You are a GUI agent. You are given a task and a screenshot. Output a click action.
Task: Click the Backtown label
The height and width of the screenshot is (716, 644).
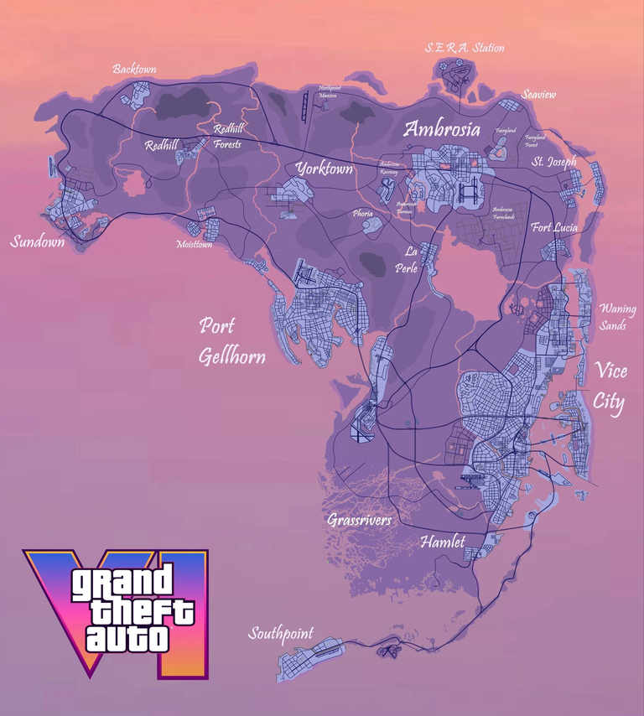pos(134,69)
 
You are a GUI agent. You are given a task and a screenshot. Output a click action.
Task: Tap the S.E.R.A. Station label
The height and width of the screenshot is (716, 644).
pos(465,48)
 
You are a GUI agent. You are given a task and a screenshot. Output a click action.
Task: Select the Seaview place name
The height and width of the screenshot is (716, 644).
pos(538,95)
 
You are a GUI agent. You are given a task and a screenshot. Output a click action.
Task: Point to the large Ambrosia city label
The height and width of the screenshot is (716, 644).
pos(442,129)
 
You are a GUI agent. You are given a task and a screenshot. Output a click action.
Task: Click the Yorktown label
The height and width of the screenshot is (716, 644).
pos(324,169)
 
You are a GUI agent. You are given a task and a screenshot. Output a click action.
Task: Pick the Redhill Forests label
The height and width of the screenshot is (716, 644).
pos(227,137)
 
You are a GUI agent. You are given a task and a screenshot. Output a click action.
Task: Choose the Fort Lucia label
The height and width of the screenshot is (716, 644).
pos(553,227)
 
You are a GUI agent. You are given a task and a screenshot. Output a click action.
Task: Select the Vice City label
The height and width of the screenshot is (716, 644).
pos(610,387)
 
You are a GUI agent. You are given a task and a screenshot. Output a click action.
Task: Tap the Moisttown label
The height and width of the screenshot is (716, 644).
pos(195,245)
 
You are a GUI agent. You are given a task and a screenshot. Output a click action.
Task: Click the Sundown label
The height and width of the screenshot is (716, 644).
pos(38,242)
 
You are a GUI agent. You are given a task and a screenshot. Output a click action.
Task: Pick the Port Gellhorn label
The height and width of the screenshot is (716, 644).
pos(231,341)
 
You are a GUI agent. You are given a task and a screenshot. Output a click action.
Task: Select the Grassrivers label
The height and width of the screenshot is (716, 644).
pos(359,521)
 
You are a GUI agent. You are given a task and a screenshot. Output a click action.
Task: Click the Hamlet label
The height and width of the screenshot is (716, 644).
pos(442,542)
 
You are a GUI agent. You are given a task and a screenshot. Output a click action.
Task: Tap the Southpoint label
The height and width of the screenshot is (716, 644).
pos(280,634)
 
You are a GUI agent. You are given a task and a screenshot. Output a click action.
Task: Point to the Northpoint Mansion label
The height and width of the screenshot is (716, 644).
pos(330,91)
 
